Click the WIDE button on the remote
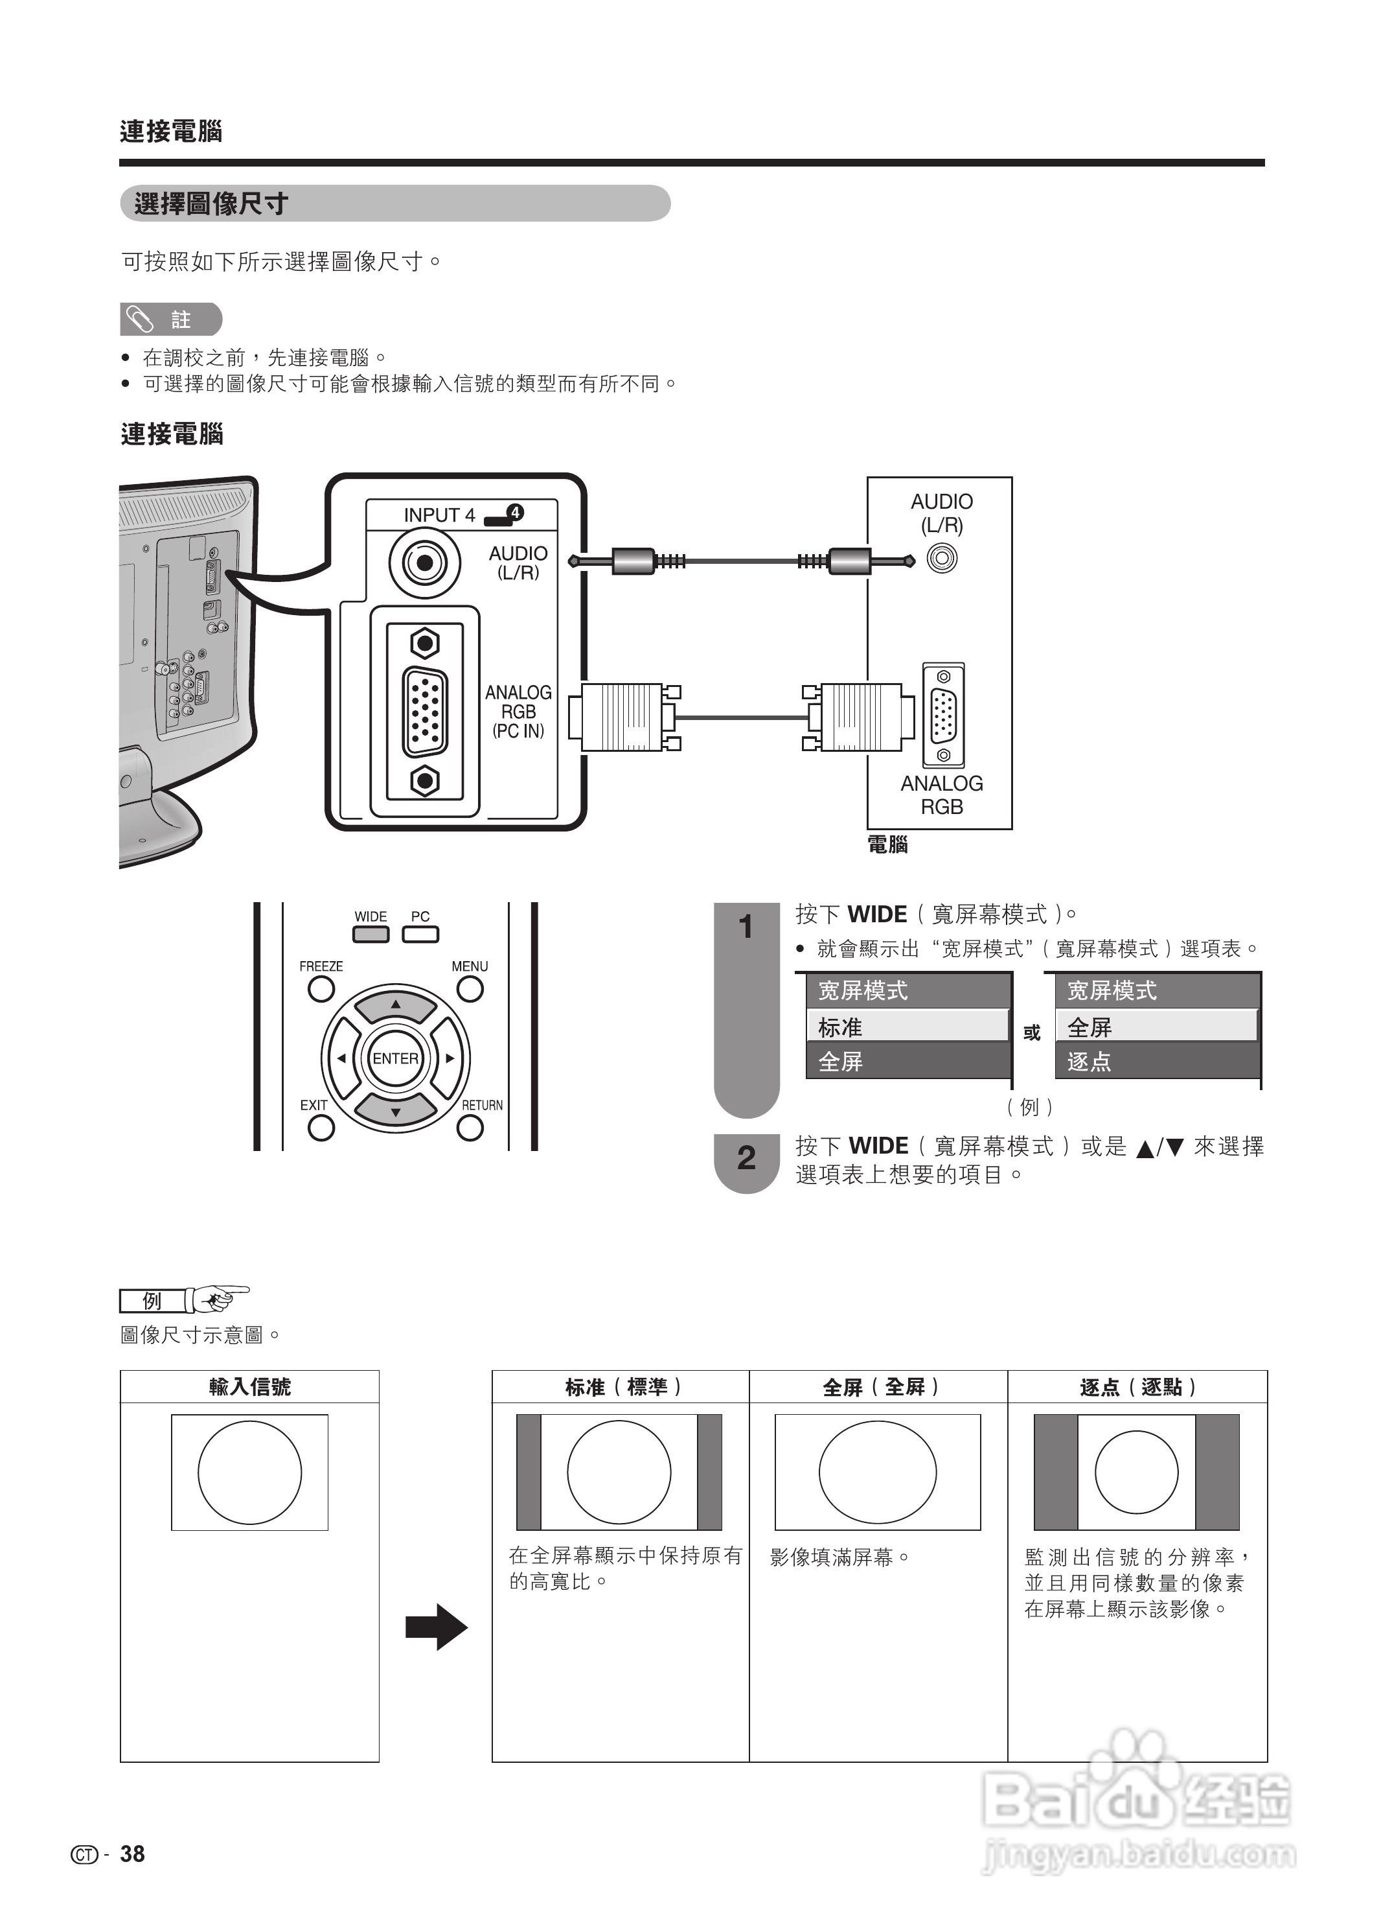(371, 934)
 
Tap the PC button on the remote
(420, 934)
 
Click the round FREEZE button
(321, 990)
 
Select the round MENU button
(470, 990)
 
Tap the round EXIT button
(321, 1128)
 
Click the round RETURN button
(470, 1128)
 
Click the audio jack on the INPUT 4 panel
(424, 563)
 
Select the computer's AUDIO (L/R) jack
(941, 559)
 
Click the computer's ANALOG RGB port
(943, 716)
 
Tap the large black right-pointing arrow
(436, 1627)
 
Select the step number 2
(746, 1158)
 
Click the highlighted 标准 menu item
(906, 1027)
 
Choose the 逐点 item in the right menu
(1156, 1062)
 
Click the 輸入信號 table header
(249, 1387)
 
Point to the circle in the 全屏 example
(877, 1472)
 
